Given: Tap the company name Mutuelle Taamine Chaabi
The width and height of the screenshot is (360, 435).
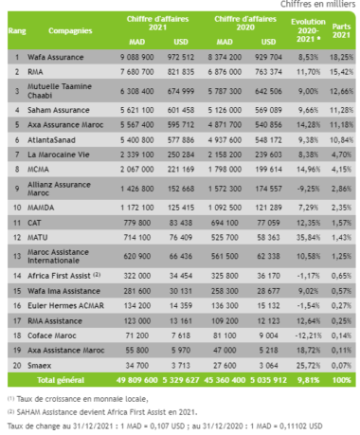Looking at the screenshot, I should (x=56, y=90).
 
